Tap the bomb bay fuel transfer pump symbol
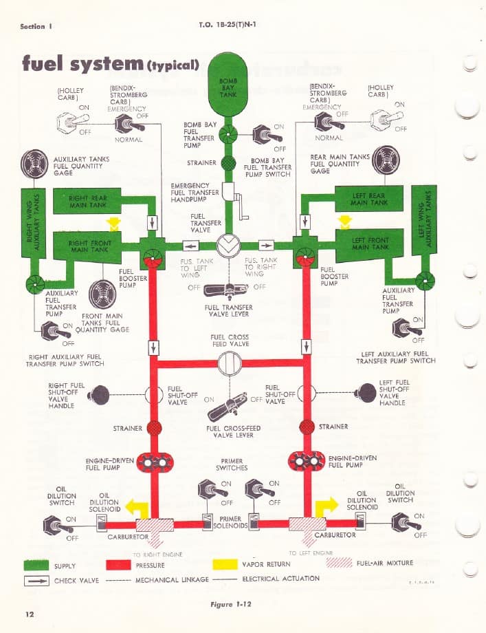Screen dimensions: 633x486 pos(228,133)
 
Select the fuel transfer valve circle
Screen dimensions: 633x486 pos(228,245)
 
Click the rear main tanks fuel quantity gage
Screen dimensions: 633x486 pos(386,160)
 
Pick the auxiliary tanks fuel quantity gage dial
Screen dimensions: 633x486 pos(35,164)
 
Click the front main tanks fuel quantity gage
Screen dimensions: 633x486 pos(102,294)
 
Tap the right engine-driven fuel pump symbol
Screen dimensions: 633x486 pos(153,462)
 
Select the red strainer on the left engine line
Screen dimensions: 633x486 pos(307,427)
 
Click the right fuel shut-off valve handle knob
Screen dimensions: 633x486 pos(100,394)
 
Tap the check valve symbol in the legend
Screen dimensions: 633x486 pos(35,581)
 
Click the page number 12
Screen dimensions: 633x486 pos(30,614)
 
